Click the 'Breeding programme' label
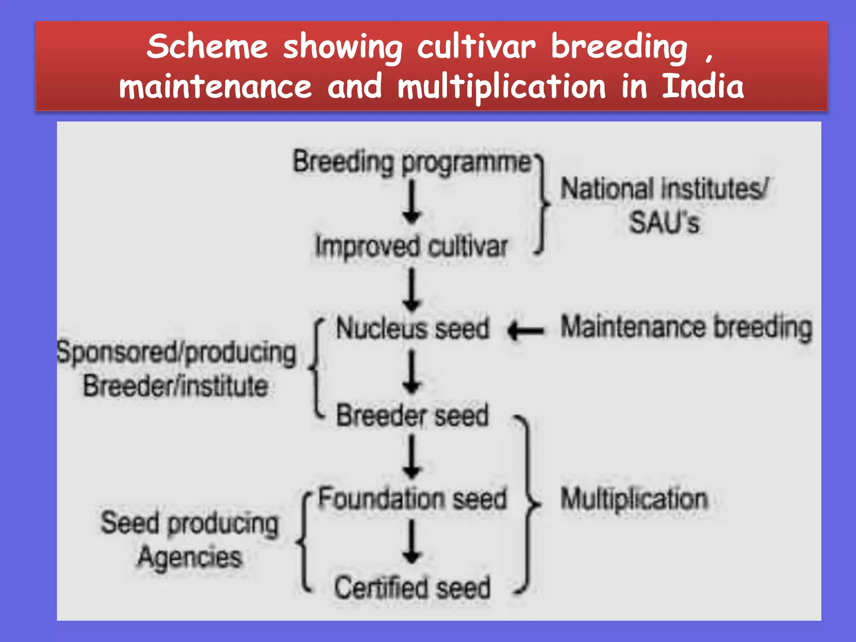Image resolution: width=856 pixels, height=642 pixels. coord(412,162)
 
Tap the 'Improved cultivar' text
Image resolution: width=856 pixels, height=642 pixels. coord(412,247)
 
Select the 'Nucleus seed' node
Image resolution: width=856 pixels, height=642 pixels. coord(413,329)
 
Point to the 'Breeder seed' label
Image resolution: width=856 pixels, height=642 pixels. coord(413,416)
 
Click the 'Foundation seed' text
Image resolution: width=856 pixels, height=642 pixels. coord(413,499)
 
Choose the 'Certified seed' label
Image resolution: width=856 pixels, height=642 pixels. coord(413,588)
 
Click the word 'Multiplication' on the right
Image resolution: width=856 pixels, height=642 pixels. coord(634,499)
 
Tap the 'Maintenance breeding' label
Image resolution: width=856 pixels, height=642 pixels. coord(686,328)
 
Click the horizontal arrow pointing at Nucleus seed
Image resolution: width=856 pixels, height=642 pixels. coord(526,331)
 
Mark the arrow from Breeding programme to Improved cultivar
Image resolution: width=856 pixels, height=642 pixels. coord(412,202)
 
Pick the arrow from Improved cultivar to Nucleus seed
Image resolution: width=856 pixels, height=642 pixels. coord(412,289)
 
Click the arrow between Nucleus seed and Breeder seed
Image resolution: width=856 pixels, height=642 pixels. coord(412,372)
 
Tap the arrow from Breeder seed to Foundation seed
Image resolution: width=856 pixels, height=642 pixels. coord(412,457)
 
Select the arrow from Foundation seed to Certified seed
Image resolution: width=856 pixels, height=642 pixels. coord(412,542)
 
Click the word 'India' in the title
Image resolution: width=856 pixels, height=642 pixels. coord(703,86)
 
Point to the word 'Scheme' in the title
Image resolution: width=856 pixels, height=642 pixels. coord(207,46)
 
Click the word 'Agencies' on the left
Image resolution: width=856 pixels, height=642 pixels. coord(190,558)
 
